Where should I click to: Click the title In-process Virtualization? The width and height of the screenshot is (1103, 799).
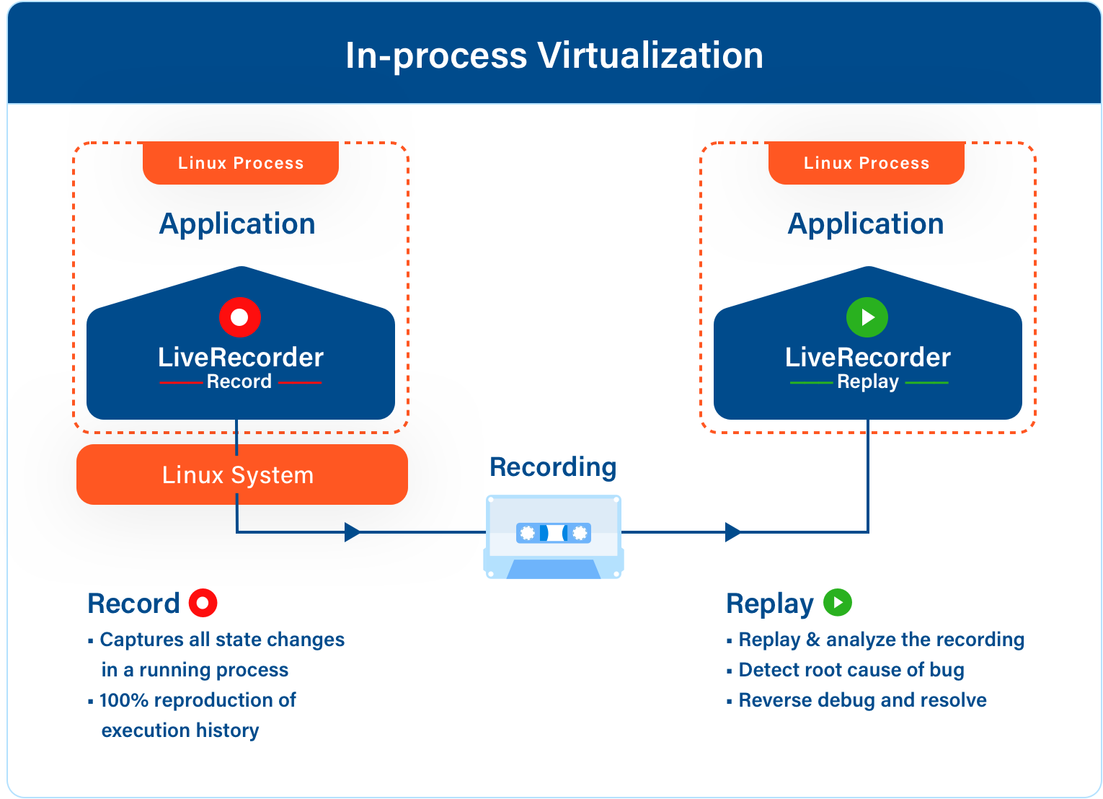click(554, 56)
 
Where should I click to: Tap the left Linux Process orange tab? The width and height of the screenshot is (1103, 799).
click(241, 163)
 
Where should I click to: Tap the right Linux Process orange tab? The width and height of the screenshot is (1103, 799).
click(867, 163)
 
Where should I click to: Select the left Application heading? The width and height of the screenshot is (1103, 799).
click(237, 224)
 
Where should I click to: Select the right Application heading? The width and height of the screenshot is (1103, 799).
click(866, 224)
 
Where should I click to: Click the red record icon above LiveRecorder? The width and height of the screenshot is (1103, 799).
click(240, 317)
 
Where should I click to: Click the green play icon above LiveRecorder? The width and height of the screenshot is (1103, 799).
click(867, 317)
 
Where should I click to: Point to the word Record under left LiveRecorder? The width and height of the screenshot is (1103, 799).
click(239, 381)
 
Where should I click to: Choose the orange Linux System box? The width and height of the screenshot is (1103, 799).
click(242, 474)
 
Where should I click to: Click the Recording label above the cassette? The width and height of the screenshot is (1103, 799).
click(553, 467)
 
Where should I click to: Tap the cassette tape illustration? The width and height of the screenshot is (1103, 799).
click(554, 537)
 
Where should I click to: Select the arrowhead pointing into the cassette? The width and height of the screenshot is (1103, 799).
click(353, 532)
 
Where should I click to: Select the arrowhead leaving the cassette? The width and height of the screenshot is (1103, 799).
click(733, 532)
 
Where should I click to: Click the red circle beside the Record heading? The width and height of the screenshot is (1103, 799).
click(203, 603)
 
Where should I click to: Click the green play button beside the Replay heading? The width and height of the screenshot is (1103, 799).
click(838, 602)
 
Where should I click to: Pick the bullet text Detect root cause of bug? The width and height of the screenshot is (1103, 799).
click(851, 671)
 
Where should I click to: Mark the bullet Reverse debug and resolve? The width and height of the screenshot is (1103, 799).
click(863, 700)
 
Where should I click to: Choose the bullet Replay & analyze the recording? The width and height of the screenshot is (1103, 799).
click(882, 640)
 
